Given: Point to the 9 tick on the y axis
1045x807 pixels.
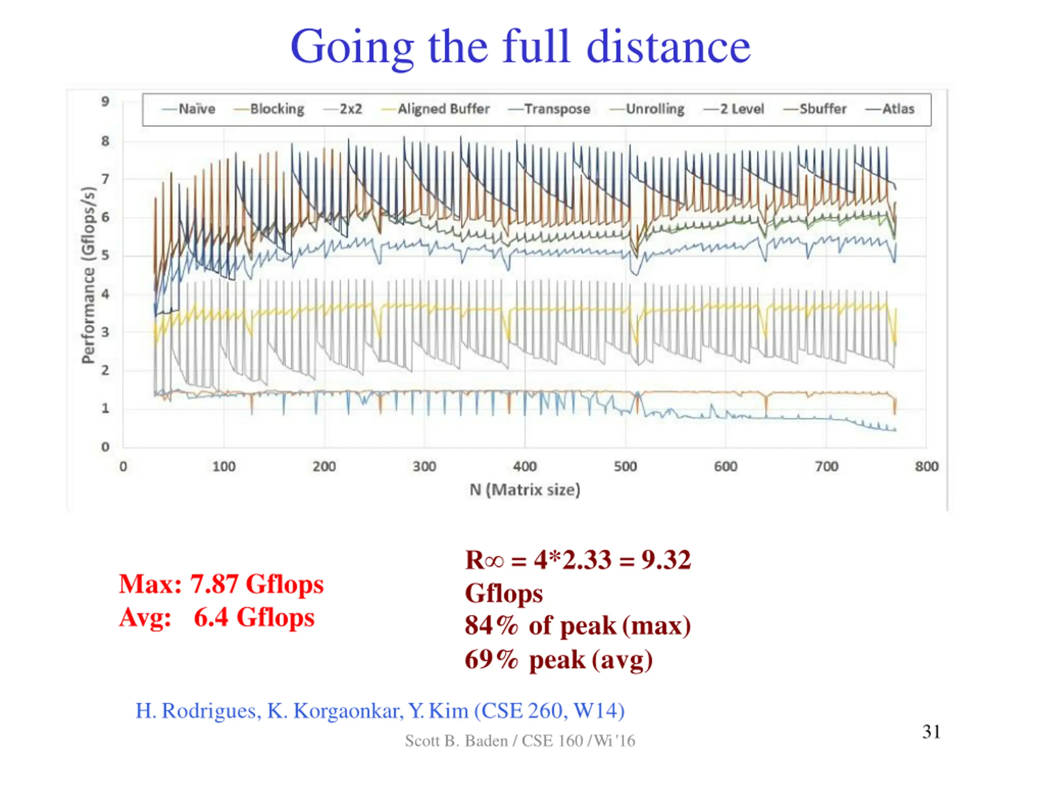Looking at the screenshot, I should [105, 102].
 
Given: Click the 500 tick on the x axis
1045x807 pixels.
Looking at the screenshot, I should [625, 466].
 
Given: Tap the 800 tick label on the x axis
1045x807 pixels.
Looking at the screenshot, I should [926, 466].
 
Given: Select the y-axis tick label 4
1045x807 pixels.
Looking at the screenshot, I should [105, 294].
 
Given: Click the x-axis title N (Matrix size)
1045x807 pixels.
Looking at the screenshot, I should [525, 490].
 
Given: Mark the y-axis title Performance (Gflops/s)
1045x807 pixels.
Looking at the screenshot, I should [88, 275].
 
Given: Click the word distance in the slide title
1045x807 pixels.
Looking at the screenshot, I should [669, 47].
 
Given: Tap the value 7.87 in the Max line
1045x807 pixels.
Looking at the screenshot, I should [214, 584].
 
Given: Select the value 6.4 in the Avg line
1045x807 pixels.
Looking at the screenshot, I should [211, 617].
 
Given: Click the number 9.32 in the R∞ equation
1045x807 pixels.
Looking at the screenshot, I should [666, 560].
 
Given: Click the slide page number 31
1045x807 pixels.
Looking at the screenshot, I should [931, 732].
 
